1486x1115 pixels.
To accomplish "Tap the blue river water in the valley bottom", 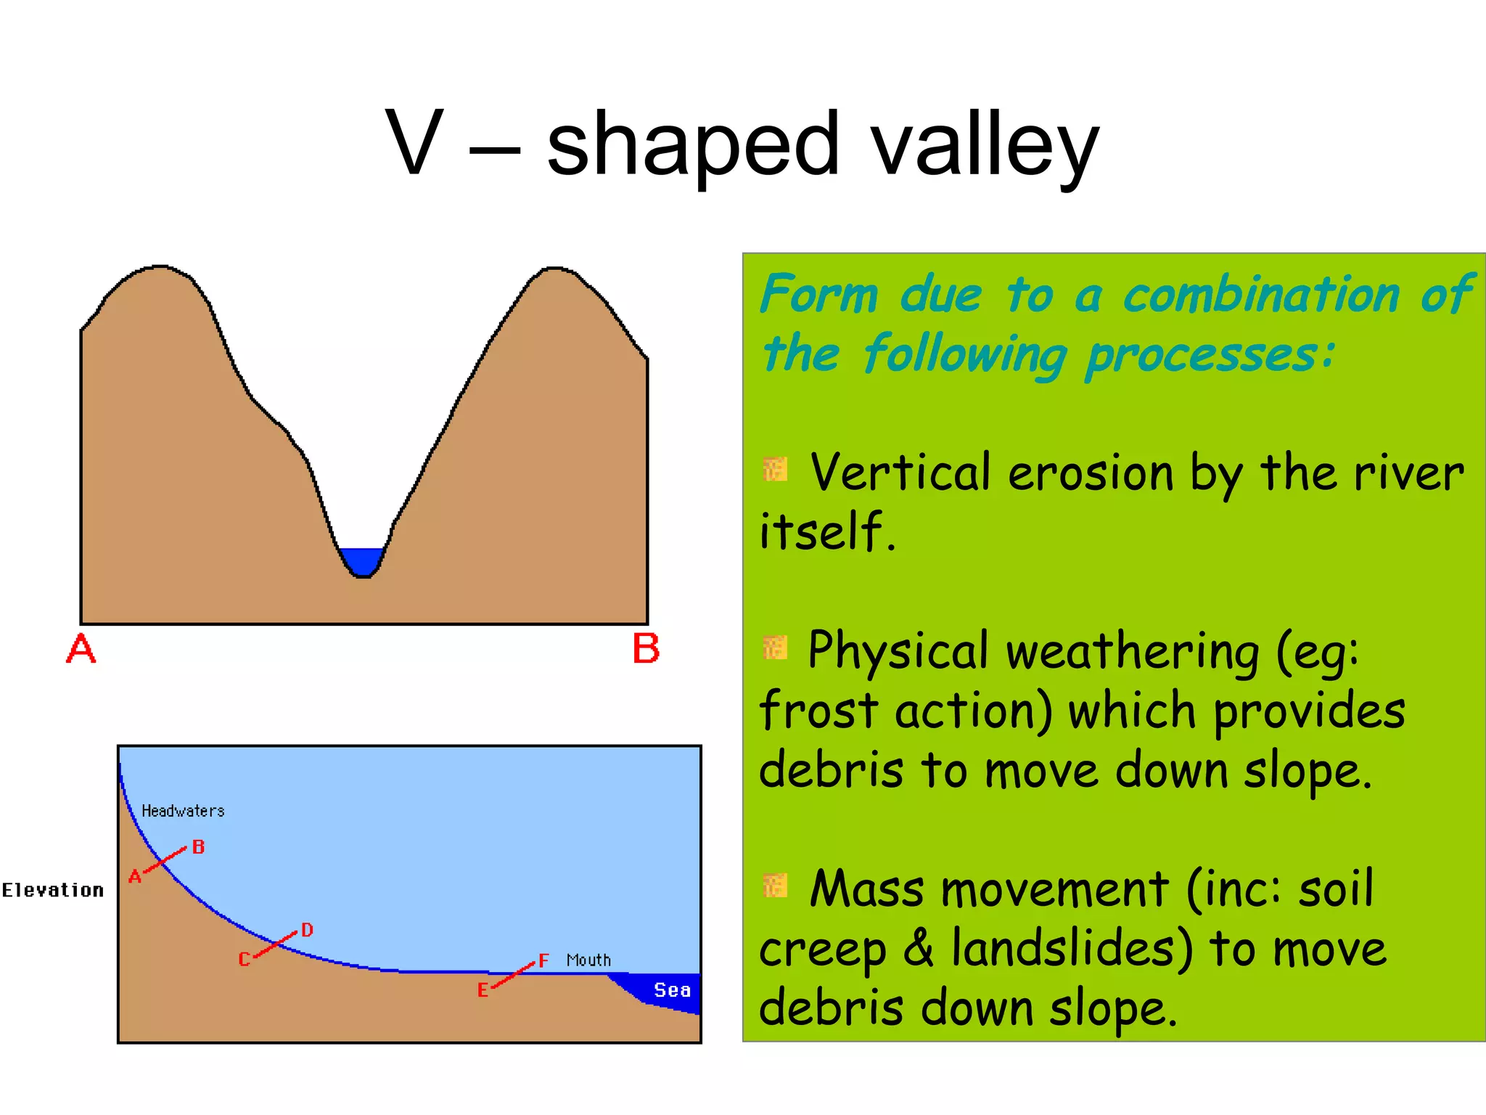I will point(361,561).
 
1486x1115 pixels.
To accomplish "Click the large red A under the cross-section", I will point(81,648).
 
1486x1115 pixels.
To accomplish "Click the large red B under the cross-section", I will point(646,648).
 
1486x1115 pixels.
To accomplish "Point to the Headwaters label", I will point(183,811).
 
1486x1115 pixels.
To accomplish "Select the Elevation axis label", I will point(52,890).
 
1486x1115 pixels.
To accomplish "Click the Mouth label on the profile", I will point(588,960).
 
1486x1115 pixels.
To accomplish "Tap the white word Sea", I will point(672,990).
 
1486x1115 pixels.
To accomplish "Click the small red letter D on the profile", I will point(307,930).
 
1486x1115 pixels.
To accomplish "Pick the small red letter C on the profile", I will point(244,960).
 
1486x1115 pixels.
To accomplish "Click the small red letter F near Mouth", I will point(543,960).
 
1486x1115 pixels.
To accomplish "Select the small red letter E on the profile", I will point(483,990).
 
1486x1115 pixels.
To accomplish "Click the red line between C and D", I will point(276,944).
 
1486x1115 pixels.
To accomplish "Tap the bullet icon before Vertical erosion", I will point(775,470).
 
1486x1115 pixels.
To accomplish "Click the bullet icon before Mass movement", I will point(775,885).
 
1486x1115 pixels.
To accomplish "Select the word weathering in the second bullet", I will point(1132,652).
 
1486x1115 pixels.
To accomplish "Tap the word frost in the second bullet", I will point(818,711).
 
